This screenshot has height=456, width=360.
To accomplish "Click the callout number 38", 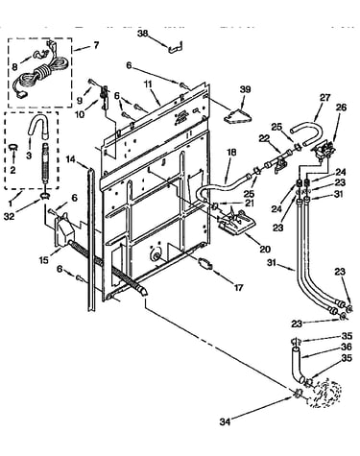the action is [x=143, y=34].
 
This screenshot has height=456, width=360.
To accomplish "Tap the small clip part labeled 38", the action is [x=176, y=47].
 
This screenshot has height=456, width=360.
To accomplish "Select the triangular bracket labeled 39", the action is [x=237, y=116].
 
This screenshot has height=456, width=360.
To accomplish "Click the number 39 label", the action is [x=245, y=89].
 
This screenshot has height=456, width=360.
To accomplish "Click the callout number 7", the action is [x=96, y=45].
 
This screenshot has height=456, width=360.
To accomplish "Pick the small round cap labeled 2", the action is [x=13, y=147].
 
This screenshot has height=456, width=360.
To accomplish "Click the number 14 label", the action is [x=71, y=159].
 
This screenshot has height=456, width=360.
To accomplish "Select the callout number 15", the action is [x=43, y=260].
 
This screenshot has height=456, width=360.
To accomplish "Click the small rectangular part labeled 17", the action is [x=205, y=264].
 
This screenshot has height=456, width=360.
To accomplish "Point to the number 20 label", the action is [x=265, y=249].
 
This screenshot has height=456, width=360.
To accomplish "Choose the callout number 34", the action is [x=226, y=422].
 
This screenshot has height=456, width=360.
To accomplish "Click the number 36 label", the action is [x=347, y=347].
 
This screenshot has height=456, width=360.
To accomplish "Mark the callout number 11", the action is [x=147, y=84].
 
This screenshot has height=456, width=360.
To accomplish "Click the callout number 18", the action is [x=232, y=153].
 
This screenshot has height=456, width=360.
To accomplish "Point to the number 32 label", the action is [x=10, y=217].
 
